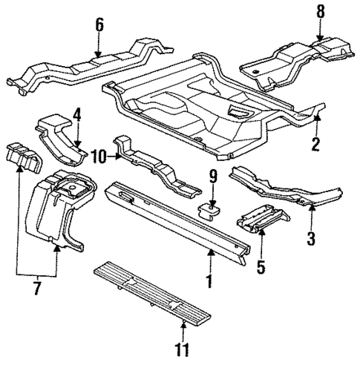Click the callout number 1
coord(209,282)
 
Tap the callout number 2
coord(315,144)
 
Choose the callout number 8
coord(320,12)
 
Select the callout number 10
coord(99,154)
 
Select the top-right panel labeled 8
coord(297,59)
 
